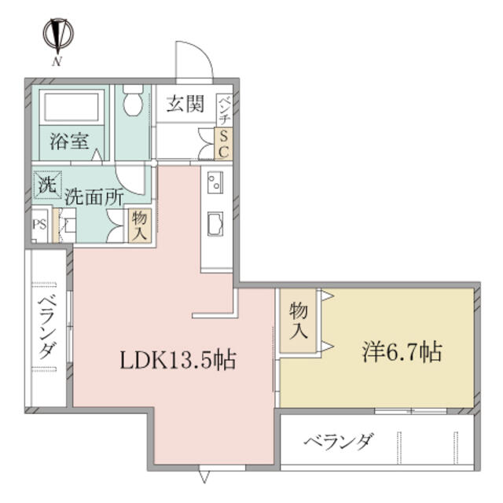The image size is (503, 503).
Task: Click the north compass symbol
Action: point(58,33)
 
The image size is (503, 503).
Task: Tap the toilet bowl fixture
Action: point(133,100)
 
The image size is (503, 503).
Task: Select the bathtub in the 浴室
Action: point(72,107)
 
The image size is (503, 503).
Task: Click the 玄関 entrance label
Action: point(185,105)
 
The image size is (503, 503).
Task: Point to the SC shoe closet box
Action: point(223,143)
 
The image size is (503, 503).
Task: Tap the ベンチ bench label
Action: point(224,110)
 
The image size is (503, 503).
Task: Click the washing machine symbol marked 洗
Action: point(48,185)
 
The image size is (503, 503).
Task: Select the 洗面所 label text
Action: point(94,197)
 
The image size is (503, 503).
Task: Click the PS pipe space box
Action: point(40,225)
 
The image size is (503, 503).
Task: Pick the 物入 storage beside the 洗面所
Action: point(140,226)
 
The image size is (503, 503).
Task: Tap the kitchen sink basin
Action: point(215,224)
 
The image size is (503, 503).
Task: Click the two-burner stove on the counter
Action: point(215,182)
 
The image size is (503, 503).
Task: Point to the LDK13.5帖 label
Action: point(178,360)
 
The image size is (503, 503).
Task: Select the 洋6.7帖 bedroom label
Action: point(402,352)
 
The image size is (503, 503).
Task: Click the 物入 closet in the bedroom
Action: point(299,321)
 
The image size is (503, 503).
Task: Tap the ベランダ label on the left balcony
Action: point(47,329)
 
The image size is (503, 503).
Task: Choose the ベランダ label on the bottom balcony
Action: point(339,442)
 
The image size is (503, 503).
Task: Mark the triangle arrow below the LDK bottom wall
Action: point(204,477)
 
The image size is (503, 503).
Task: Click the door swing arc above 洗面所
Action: point(130,185)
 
